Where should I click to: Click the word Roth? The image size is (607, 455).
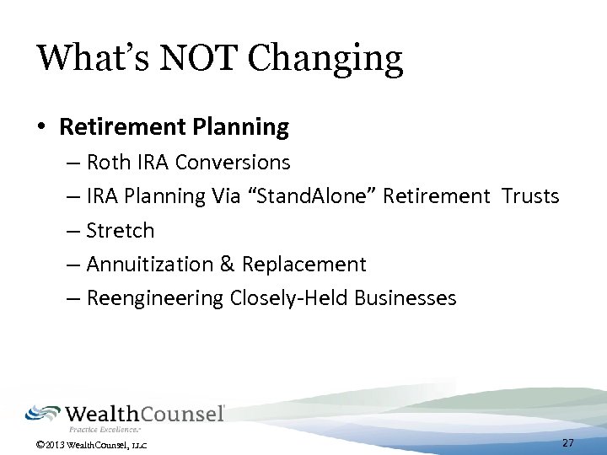(x=108, y=162)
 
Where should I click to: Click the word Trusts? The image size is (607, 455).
(x=530, y=196)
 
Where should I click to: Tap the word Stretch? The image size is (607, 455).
(x=121, y=230)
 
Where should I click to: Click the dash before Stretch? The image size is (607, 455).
(x=73, y=231)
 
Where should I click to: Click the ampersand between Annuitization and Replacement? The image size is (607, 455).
(x=228, y=265)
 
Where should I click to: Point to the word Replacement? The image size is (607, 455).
(x=304, y=265)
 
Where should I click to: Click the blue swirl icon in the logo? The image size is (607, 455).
(x=42, y=413)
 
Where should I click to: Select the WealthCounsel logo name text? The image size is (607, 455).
(x=144, y=414)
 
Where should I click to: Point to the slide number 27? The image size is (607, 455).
(x=567, y=443)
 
